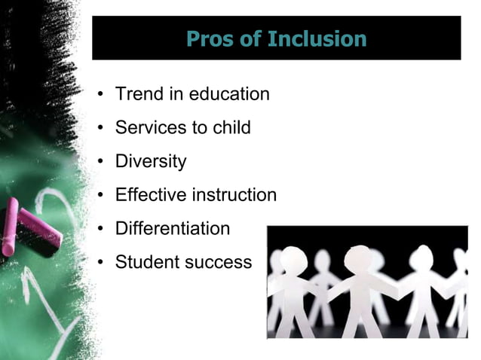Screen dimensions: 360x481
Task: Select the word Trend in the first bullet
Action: coord(139,95)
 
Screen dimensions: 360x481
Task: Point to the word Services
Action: coord(147,128)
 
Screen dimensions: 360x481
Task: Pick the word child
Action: coord(231,128)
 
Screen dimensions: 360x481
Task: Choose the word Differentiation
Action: coord(172,228)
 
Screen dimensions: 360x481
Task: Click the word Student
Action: coord(145,262)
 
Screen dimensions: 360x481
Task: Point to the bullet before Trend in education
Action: coord(100,96)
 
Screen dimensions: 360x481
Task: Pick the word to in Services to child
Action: coord(193,128)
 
